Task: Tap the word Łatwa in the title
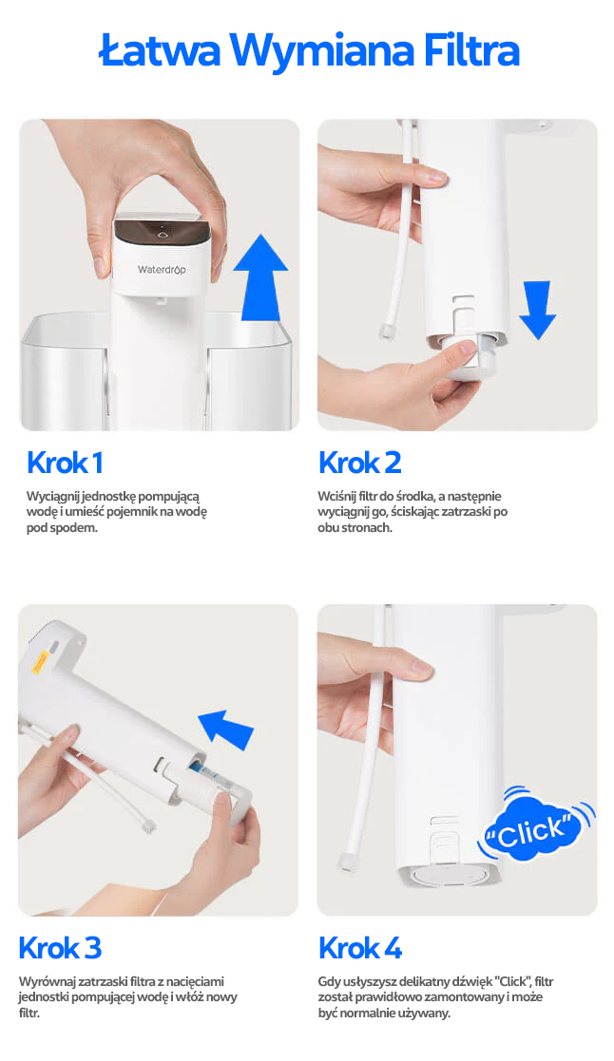[x=161, y=50]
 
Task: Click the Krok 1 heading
[x=65, y=464]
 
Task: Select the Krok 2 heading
[x=360, y=464]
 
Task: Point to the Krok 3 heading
[x=60, y=948]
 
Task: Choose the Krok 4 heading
[x=360, y=948]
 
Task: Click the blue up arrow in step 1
[x=260, y=277]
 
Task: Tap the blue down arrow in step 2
[x=538, y=310]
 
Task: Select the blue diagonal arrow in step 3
[x=225, y=729]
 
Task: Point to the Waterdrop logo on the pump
[x=162, y=270]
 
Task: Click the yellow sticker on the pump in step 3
[x=40, y=661]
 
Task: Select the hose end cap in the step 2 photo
[x=387, y=331]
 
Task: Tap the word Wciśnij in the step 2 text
[x=337, y=497]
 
